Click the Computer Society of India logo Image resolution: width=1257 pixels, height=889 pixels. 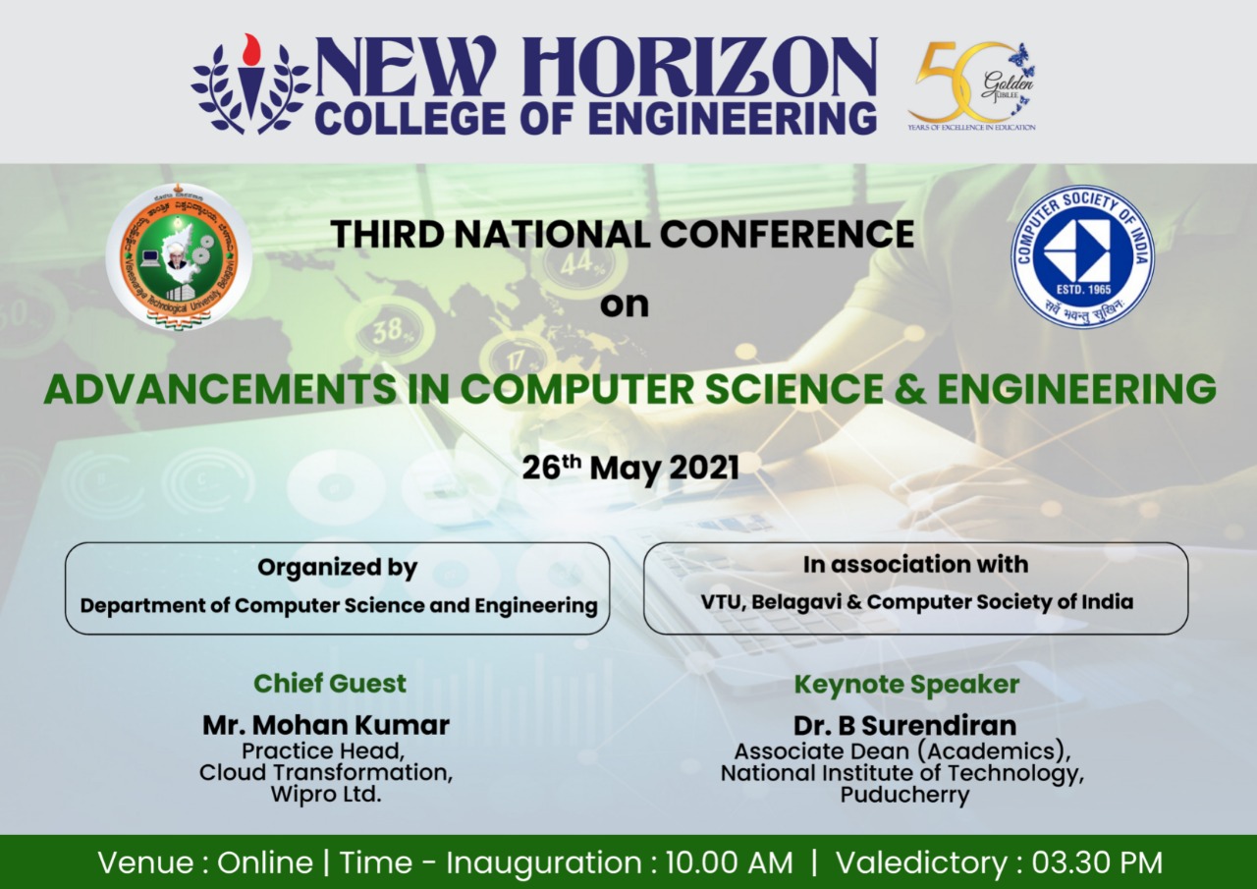point(1082,255)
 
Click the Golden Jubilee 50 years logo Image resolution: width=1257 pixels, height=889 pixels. point(972,86)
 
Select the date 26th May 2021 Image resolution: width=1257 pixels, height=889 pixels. point(629,468)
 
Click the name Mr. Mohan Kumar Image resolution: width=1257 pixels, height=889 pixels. point(326,726)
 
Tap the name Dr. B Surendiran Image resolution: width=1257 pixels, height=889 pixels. point(904,726)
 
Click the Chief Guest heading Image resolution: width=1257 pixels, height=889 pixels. point(330,684)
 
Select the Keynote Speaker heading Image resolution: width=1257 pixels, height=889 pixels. point(906,685)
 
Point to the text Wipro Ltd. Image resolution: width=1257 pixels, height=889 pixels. point(326,794)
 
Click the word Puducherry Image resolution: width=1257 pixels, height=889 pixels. point(904,795)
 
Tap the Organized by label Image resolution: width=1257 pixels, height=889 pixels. point(337,568)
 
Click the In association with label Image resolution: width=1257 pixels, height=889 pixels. point(915,565)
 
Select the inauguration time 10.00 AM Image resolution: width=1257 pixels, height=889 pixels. point(729,863)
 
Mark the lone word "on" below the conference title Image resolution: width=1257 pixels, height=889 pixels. point(625,305)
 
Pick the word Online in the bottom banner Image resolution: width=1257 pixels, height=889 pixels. point(264,863)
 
